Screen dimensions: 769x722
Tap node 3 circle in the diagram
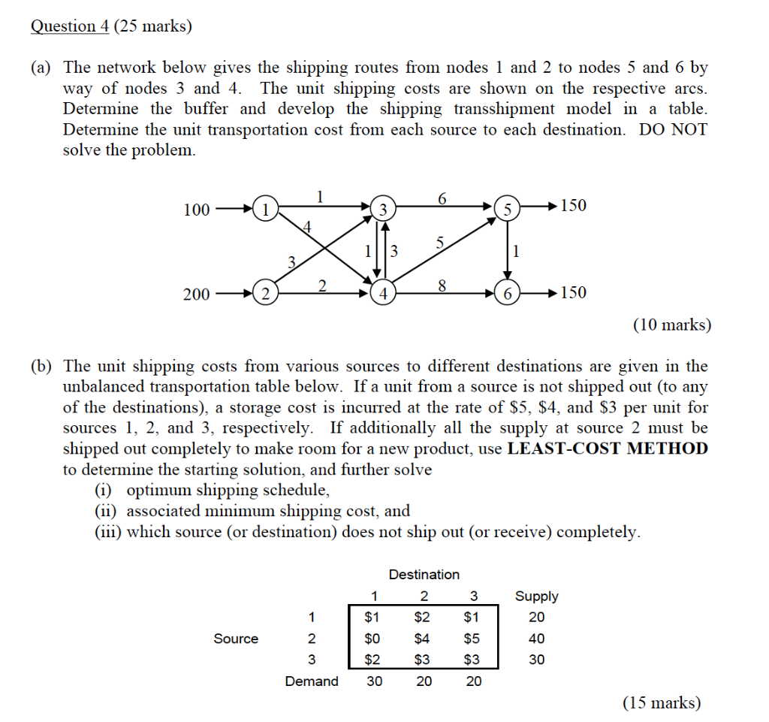click(383, 208)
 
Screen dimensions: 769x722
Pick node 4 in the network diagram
click(383, 293)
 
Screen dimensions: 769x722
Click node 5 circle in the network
click(507, 208)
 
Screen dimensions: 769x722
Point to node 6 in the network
click(507, 293)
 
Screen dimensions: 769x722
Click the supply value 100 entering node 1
click(197, 210)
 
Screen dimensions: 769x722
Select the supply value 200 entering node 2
click(197, 295)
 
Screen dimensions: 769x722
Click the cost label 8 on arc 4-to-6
click(442, 285)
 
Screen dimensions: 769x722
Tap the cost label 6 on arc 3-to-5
click(442, 198)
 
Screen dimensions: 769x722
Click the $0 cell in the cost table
click(372, 639)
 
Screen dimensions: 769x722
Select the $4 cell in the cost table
click(424, 639)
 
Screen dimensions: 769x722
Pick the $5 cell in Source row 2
click(472, 639)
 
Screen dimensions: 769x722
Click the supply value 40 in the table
click(536, 639)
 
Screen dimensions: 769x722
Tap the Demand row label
click(311, 681)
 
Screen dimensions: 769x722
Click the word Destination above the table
click(424, 575)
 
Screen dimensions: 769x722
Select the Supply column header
click(536, 597)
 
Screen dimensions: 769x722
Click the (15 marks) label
click(661, 703)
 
